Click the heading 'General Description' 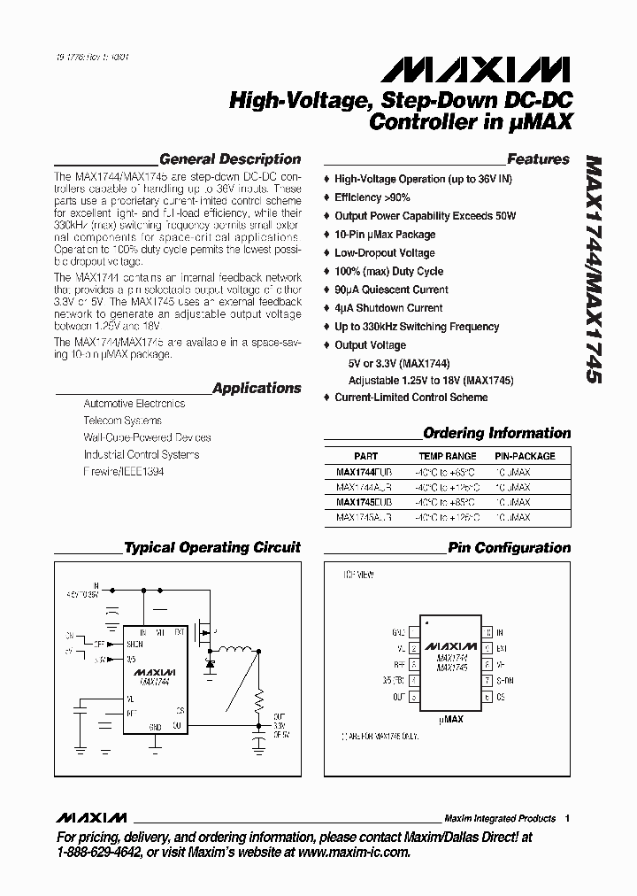click(x=229, y=159)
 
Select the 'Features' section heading click(x=538, y=159)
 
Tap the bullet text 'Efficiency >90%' click(x=372, y=197)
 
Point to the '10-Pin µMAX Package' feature click(x=385, y=235)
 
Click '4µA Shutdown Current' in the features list click(x=388, y=308)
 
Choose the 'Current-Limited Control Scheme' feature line click(x=411, y=398)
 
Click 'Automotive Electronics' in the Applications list click(x=134, y=404)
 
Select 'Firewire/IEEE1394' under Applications click(x=123, y=472)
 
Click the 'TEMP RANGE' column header click(x=447, y=457)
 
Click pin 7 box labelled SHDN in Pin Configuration click(x=487, y=681)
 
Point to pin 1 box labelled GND click(x=413, y=633)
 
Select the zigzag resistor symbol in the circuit click(x=259, y=702)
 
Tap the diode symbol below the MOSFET click(x=211, y=661)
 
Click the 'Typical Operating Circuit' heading click(x=212, y=548)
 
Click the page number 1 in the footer click(x=567, y=818)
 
